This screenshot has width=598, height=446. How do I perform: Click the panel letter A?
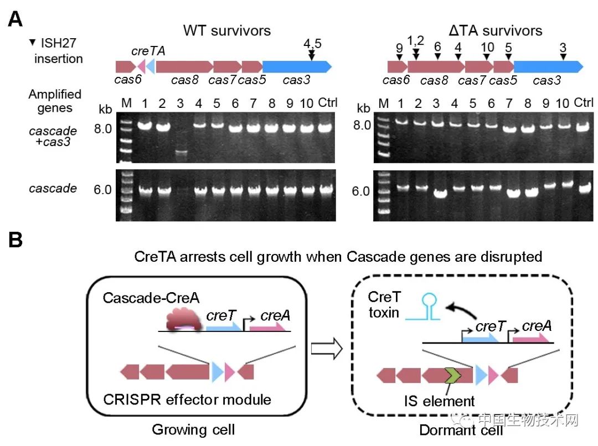coord(16,20)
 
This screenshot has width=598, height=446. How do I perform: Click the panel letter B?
coord(16,242)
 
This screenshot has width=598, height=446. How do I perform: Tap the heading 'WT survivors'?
coord(228,30)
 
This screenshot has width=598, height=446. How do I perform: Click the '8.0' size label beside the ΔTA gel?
coord(363,126)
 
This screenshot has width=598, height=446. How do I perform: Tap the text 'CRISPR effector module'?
coord(187,398)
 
